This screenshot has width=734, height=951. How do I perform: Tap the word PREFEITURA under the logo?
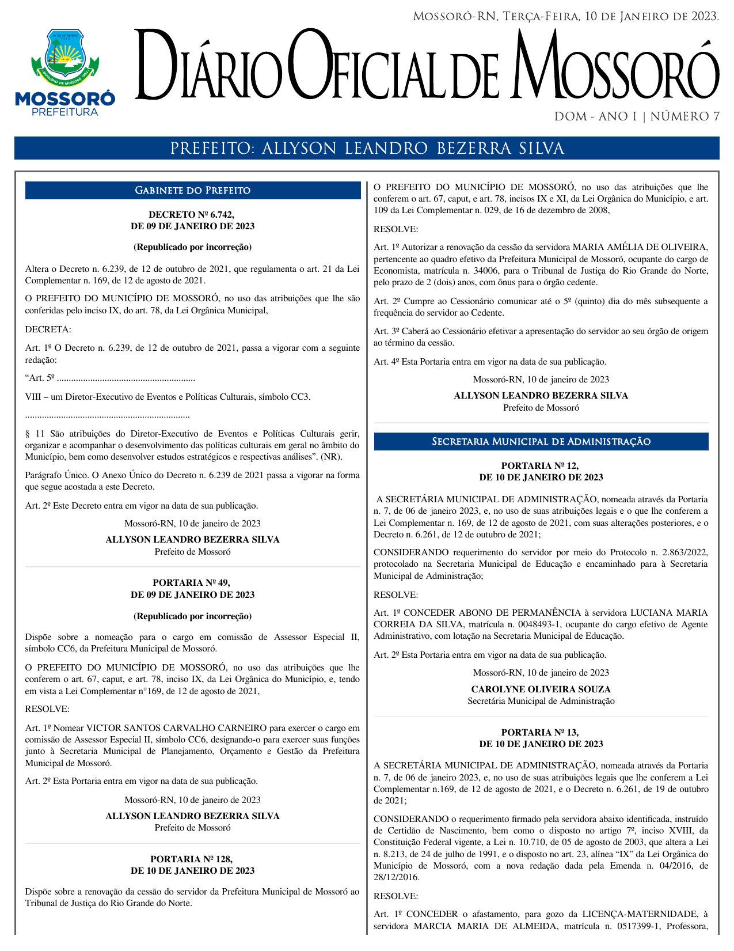point(64,112)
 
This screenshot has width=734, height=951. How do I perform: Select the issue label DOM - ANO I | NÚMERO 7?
point(636,117)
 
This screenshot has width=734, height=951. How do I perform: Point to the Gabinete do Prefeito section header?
point(192,191)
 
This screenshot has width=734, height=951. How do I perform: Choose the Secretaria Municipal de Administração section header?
point(541,442)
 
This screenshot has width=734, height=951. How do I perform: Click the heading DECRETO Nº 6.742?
point(192,215)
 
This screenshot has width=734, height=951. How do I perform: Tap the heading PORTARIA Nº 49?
point(192,583)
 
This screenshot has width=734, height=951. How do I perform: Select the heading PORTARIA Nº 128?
point(192,859)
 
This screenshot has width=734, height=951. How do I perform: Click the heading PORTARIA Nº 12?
point(541,465)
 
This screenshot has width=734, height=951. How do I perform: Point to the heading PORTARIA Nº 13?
point(541,732)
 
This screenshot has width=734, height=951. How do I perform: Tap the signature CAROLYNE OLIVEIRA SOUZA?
point(541,689)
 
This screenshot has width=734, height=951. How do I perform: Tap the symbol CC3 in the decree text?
point(301,397)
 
